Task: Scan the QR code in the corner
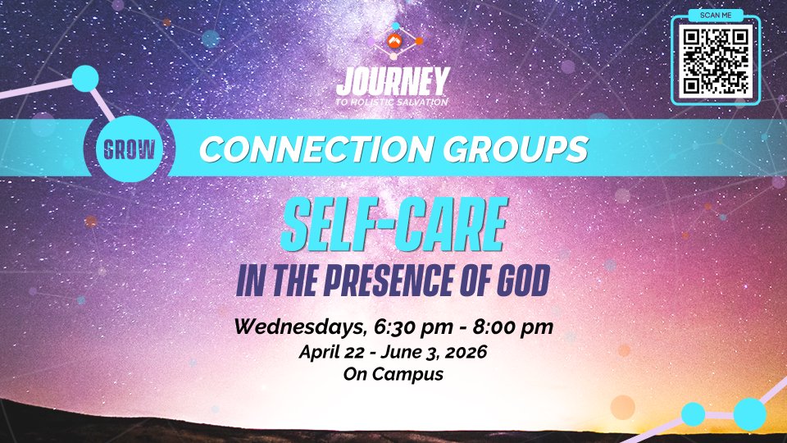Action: pos(715,62)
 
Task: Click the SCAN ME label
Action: pos(715,15)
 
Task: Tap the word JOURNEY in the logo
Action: pos(393,82)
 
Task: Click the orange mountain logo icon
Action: pos(394,41)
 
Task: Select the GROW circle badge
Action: pos(130,149)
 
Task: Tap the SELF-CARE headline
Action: pos(394,225)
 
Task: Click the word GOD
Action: pos(524,281)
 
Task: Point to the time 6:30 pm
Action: pos(413,327)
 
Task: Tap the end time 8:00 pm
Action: pos(512,327)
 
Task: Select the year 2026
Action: pos(466,352)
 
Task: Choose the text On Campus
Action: pos(393,374)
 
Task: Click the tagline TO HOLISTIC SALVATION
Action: pos(392,102)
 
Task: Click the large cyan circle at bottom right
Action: pos(750,414)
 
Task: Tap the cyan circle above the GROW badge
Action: pos(85,79)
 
